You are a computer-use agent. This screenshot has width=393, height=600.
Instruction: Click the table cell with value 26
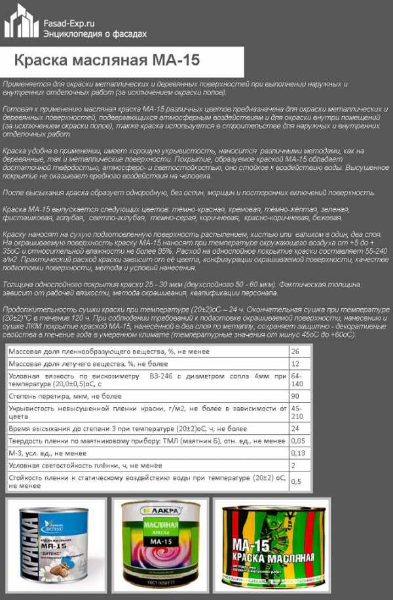(x=295, y=352)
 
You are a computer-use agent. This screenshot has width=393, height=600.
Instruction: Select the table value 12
(x=295, y=364)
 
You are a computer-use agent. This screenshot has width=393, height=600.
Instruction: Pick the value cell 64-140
(x=297, y=380)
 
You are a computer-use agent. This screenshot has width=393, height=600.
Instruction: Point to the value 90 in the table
(x=295, y=397)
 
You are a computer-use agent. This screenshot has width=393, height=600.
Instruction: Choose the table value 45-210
(x=297, y=412)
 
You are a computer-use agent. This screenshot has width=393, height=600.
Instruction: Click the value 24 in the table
(x=295, y=429)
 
